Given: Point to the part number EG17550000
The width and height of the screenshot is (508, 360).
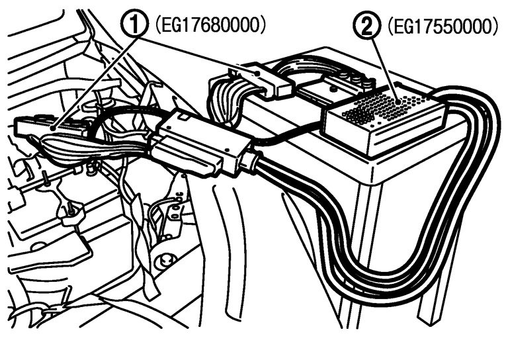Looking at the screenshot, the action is (443, 27).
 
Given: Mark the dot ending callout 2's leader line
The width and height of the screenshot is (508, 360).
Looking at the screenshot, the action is (398, 102).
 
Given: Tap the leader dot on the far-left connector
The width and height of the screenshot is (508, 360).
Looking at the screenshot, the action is (52, 128).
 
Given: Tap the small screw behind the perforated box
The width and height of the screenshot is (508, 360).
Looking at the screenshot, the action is (332, 88).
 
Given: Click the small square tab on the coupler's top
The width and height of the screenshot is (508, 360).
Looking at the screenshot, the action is (183, 116).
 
